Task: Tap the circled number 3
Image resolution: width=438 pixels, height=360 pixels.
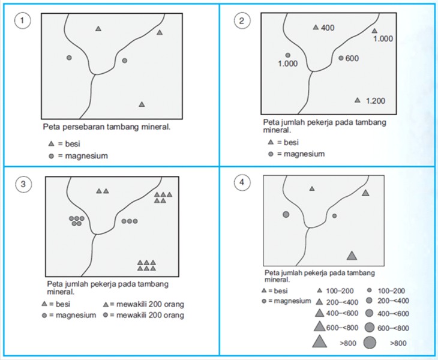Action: click(x=22, y=184)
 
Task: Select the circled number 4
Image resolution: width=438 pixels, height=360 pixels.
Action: click(x=241, y=184)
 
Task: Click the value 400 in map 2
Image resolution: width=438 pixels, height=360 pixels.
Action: click(x=327, y=28)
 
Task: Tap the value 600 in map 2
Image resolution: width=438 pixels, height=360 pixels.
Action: click(x=352, y=58)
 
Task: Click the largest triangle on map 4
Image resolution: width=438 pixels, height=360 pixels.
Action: click(x=352, y=256)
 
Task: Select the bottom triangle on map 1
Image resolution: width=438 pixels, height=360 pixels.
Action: click(x=142, y=104)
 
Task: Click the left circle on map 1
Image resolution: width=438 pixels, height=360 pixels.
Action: click(x=69, y=58)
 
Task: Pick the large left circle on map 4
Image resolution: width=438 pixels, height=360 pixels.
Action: click(x=286, y=214)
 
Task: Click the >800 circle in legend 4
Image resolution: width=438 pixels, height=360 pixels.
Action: click(x=370, y=343)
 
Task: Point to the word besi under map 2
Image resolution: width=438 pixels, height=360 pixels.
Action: click(x=291, y=143)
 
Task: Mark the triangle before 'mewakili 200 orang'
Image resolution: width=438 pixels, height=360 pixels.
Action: click(x=105, y=304)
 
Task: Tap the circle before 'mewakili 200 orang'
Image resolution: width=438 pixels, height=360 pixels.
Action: click(x=105, y=315)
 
